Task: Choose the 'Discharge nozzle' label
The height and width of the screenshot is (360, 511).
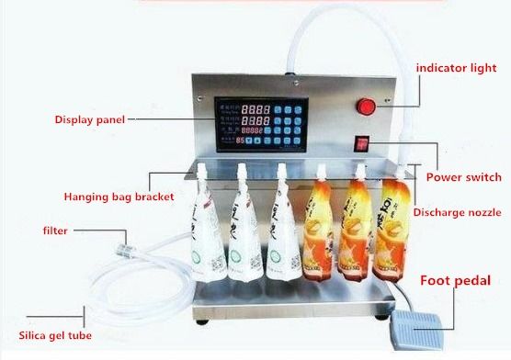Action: (x=456, y=212)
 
